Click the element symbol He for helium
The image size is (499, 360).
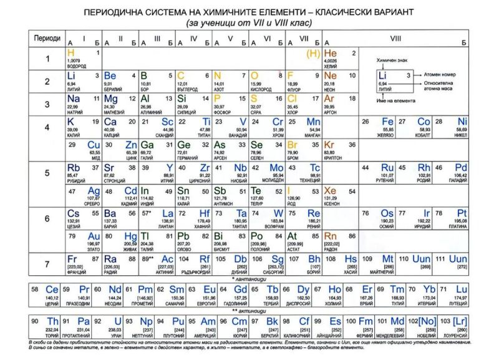[x=331, y=53]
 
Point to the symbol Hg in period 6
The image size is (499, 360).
[x=130, y=237]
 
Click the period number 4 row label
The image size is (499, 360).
[x=46, y=127]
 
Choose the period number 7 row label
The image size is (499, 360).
[x=46, y=264]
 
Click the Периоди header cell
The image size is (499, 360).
[x=47, y=39]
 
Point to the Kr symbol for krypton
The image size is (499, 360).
[x=331, y=145]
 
